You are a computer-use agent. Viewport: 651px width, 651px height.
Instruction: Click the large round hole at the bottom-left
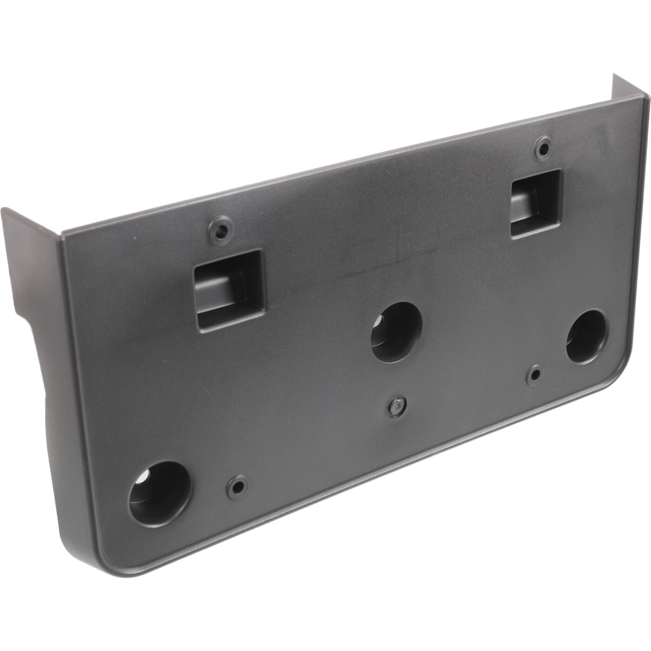[x=159, y=493]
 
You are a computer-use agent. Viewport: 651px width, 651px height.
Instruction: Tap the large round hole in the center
[x=396, y=332]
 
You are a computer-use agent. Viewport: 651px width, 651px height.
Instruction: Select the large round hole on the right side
[x=585, y=337]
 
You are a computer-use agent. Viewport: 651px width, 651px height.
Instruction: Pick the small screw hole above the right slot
[x=543, y=148]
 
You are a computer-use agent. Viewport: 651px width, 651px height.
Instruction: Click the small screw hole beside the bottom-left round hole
[x=238, y=486]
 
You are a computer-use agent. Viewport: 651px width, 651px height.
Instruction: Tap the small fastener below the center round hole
[x=397, y=406]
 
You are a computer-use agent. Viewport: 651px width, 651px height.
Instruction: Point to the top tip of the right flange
[x=615, y=75]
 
